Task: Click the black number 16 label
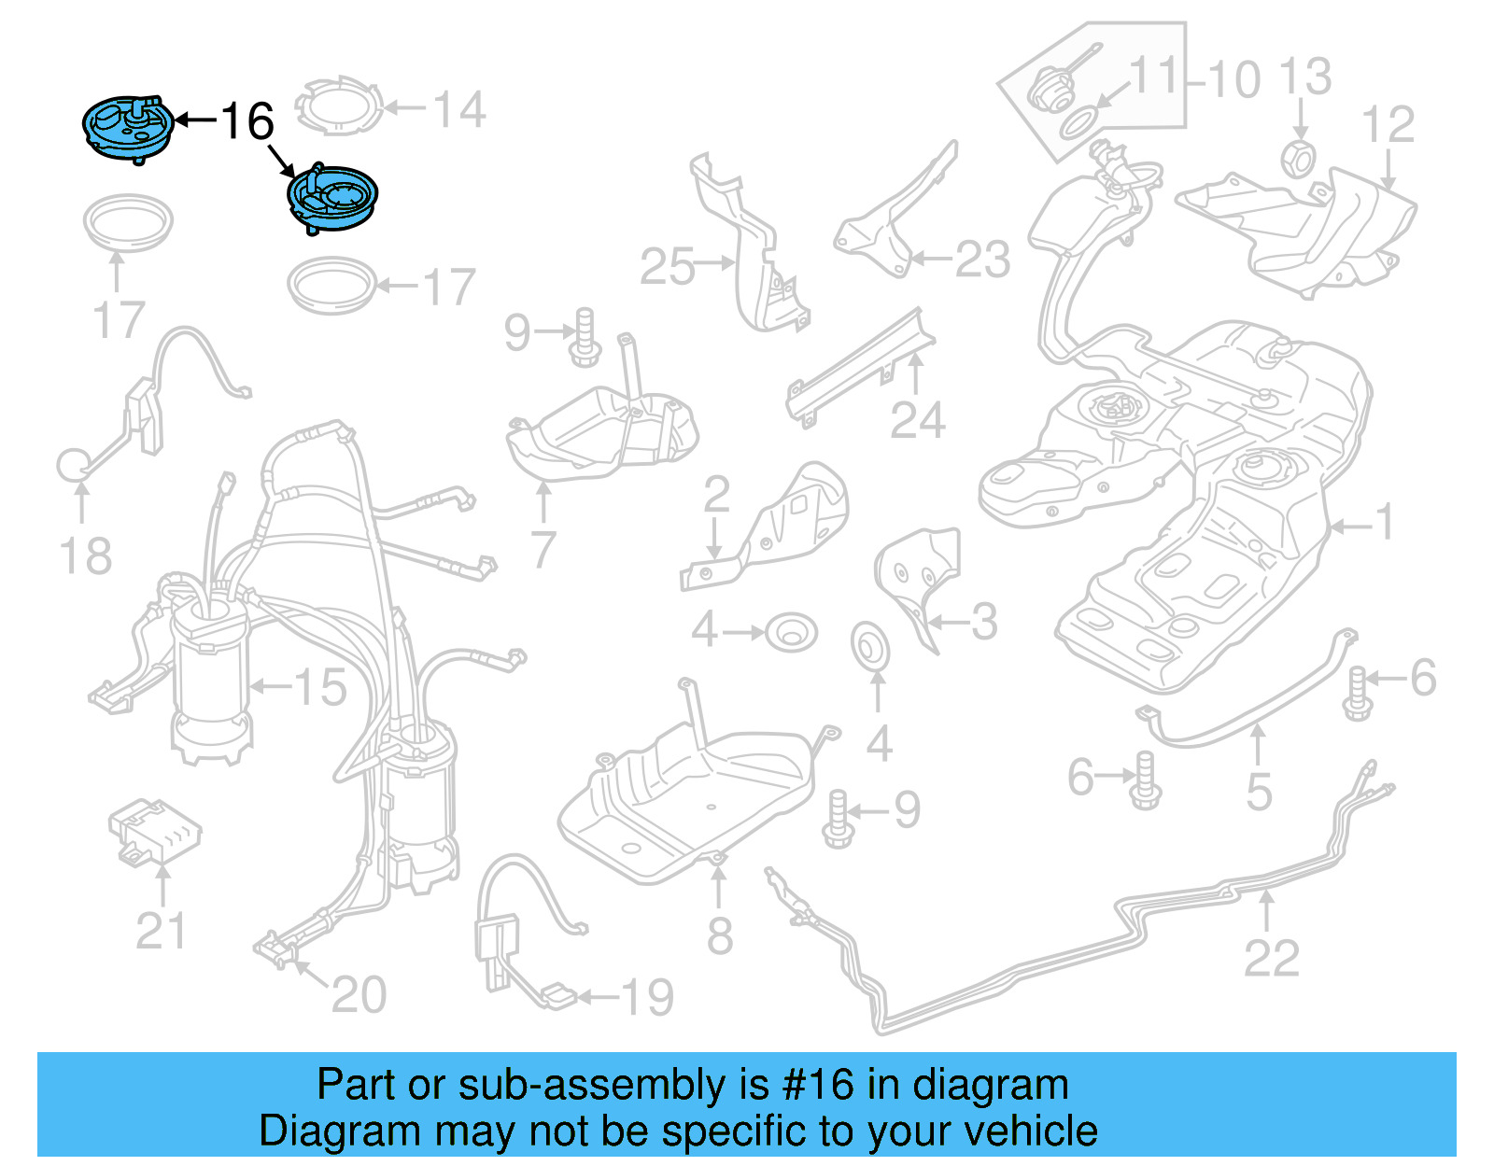tap(247, 121)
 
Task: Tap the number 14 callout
tap(459, 110)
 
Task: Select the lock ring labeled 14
tap(340, 108)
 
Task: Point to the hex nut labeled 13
tap(1299, 160)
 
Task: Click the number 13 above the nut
tap(1304, 77)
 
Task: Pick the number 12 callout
tap(1388, 125)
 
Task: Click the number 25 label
tap(668, 267)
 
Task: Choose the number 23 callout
tap(982, 260)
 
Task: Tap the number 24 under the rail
tap(917, 421)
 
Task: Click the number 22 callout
tap(1272, 959)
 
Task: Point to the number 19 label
tap(647, 998)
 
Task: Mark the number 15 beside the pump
tap(320, 688)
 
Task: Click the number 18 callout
tap(85, 557)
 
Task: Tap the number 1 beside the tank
tap(1385, 522)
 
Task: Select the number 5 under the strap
tap(1259, 793)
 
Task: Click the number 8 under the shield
tap(719, 936)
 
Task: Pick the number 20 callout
tap(359, 994)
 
